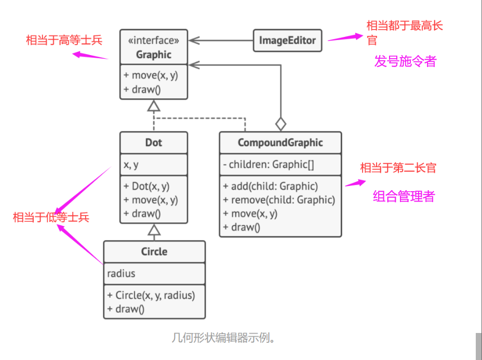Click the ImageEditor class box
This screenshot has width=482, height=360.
[287, 41]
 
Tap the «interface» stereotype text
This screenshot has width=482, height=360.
[154, 40]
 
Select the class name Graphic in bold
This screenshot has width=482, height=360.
[154, 54]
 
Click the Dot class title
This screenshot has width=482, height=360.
[154, 142]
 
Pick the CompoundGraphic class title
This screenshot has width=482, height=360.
[280, 143]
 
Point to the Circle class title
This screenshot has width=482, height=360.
[154, 252]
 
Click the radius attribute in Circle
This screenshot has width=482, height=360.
[122, 274]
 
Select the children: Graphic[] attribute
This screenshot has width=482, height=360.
[269, 165]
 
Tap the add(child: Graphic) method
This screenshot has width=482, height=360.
[270, 186]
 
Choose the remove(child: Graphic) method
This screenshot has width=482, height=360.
[279, 199]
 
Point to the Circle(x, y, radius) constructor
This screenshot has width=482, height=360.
[151, 296]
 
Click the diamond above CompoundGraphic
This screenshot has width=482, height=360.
[280, 124]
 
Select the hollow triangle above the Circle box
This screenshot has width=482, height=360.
[154, 229]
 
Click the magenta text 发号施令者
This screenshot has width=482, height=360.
[405, 61]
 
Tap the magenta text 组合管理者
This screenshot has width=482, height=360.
[404, 196]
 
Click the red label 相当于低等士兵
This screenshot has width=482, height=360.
[51, 217]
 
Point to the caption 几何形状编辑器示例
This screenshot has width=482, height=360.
[223, 338]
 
